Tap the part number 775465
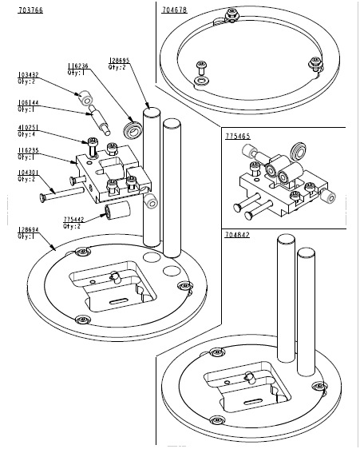coord(237,137)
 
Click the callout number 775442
coord(74,218)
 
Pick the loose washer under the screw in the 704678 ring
coord(200,81)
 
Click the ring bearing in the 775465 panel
coord(299,149)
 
